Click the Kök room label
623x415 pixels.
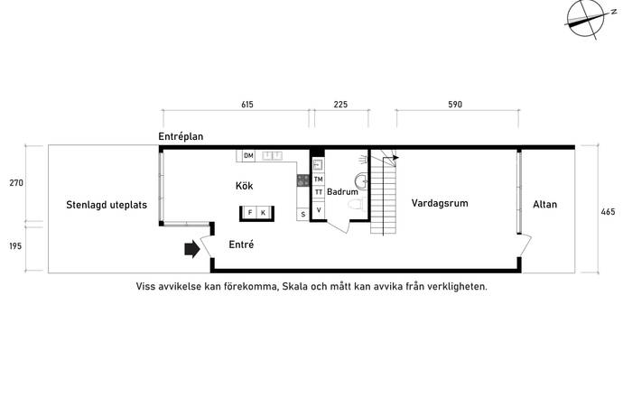(x=244, y=186)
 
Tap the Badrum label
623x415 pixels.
(x=342, y=192)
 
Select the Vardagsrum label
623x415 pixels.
(x=440, y=203)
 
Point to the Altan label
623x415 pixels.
(x=544, y=205)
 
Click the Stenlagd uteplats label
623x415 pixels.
(x=107, y=205)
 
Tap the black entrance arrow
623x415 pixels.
(x=192, y=249)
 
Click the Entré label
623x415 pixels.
(x=241, y=244)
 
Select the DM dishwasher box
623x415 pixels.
(x=248, y=156)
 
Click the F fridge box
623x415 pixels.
(x=250, y=213)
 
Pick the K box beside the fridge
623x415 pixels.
(x=263, y=213)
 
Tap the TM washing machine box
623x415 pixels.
(x=318, y=180)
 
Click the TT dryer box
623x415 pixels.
(x=318, y=192)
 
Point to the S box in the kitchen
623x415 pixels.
(x=303, y=215)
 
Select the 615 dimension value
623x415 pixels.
(x=247, y=105)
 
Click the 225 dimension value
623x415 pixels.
(x=340, y=105)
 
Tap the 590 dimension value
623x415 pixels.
(x=455, y=105)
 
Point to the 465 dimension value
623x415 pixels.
(x=608, y=212)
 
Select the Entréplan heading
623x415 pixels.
(x=181, y=136)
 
